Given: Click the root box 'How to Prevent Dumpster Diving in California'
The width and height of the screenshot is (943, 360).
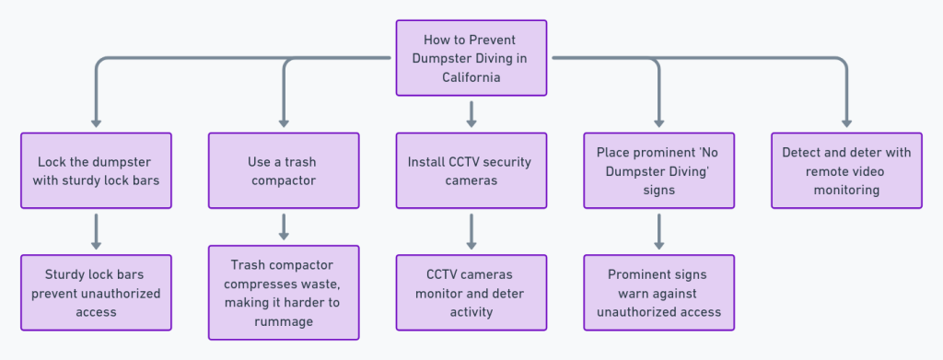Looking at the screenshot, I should pos(471,57).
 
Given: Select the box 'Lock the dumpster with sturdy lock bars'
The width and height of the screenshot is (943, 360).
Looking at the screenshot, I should pos(96,170).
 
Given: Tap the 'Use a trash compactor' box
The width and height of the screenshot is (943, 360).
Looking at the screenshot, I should pos(283,170).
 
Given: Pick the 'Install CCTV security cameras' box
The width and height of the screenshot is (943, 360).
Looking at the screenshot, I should pos(471,170).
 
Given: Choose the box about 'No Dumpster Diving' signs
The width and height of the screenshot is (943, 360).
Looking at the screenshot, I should pos(658,170).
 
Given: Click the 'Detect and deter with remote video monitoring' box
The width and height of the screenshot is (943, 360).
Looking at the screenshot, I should pos(846,170).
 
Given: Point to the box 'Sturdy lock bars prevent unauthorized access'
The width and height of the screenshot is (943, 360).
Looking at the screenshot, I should pos(96,292).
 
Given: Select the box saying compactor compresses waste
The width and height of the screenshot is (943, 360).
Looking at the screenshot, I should pos(283,292).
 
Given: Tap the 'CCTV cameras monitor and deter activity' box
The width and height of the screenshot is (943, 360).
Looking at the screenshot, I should pos(471,292).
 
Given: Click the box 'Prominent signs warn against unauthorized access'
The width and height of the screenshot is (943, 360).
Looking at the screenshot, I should pos(658,292).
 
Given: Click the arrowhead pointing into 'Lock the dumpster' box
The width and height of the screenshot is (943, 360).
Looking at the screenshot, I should pos(96,122).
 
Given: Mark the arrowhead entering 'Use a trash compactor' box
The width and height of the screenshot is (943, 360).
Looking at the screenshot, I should pos(283,122).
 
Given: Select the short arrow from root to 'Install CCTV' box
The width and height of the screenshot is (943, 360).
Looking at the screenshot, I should pos(471,113).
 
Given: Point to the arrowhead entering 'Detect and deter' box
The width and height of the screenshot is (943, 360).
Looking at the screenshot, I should pos(846,122).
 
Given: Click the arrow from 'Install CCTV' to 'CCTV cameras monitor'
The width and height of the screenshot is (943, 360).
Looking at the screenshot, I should pos(471,231).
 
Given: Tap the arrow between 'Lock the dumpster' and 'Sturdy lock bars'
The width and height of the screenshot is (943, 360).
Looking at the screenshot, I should pos(96,231).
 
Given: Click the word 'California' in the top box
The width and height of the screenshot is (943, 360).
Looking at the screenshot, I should pos(471,77).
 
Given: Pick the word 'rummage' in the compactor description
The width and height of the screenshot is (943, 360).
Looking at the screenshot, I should pos(283,321).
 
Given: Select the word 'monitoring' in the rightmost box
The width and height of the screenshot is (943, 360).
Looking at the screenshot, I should pos(846,190).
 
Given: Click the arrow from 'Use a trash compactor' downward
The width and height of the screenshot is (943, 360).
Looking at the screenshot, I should pos(283,226).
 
